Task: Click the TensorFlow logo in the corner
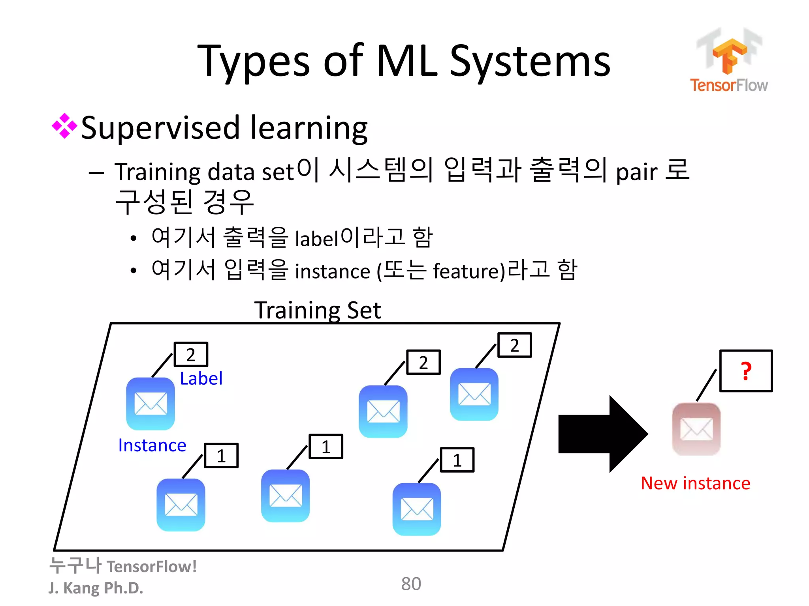pos(729,61)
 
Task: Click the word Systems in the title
pos(530,61)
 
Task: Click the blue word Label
pos(201,378)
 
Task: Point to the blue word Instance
pos(152,445)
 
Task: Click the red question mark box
pos(745,371)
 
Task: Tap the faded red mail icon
pos(696,429)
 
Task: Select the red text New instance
pos(695,483)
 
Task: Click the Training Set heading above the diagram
pos(318,310)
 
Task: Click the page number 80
pos(411,584)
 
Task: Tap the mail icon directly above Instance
pos(151,404)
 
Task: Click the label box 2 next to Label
pos(191,354)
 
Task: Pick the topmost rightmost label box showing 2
pos(514,345)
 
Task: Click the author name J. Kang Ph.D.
pos(96,588)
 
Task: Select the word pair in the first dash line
pos(636,173)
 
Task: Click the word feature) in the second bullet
pos(469,271)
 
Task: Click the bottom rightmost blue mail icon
pos(417,509)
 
